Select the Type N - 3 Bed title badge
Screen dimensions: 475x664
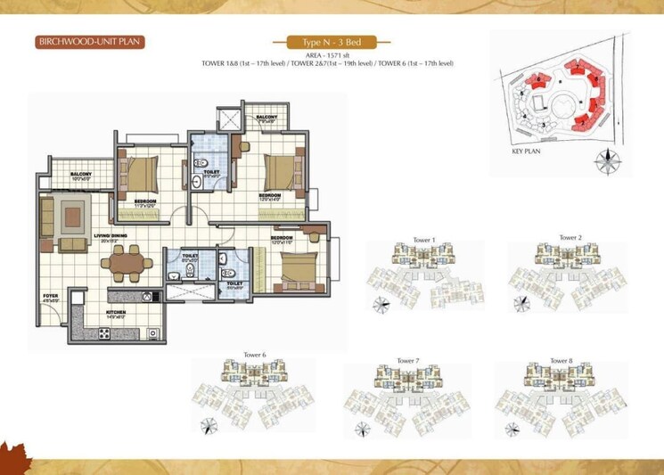[x=330, y=43]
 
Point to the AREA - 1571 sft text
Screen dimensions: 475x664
[x=329, y=55]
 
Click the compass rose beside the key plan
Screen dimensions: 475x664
[x=609, y=161]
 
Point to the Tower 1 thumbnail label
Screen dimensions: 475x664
[x=424, y=240]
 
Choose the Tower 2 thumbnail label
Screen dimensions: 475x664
[x=570, y=238]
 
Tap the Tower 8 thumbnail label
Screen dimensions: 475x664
[x=562, y=360]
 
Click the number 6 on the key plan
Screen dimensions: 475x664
[x=541, y=78]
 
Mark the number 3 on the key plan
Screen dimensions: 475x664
[x=543, y=125]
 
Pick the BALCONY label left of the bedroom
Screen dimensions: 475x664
[x=82, y=175]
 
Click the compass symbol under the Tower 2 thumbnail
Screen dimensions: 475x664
[x=520, y=304]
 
